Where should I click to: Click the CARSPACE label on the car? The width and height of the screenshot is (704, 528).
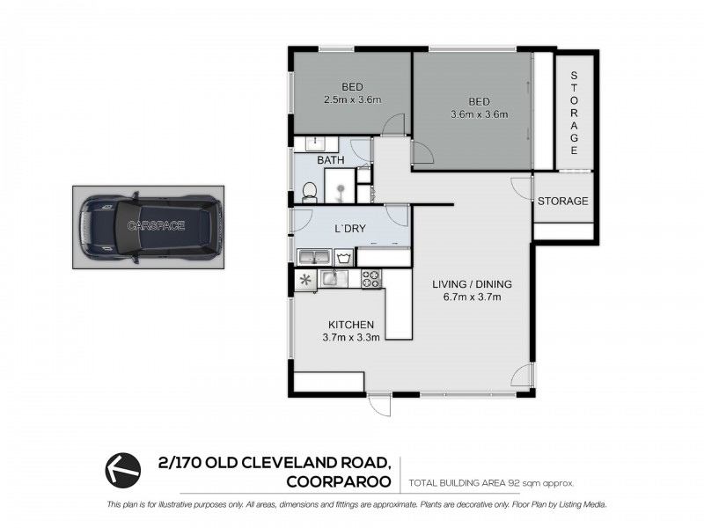[x=156, y=226]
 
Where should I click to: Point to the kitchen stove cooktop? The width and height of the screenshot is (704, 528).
[x=370, y=279]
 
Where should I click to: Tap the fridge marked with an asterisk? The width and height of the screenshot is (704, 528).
[x=305, y=280]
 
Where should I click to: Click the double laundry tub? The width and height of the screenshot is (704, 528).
[x=314, y=258]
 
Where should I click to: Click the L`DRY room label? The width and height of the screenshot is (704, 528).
[x=349, y=229]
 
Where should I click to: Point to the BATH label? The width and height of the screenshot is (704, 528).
[x=331, y=160]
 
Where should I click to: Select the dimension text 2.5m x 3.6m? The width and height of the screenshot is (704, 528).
[x=352, y=99]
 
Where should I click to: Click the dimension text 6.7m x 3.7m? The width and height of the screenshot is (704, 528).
[x=472, y=297]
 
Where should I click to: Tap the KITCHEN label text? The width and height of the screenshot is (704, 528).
[x=352, y=324]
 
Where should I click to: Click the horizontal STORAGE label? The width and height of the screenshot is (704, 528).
[x=562, y=202]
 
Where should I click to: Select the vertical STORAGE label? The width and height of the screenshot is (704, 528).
[x=575, y=110]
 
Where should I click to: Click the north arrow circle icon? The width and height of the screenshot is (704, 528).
[x=123, y=467]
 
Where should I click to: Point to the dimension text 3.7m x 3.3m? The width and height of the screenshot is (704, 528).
[x=352, y=336]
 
